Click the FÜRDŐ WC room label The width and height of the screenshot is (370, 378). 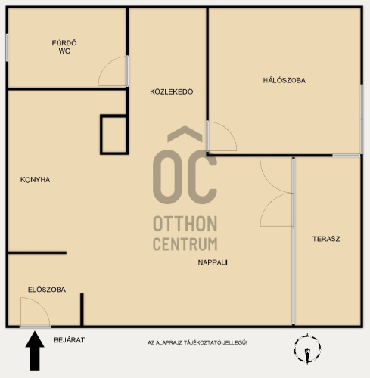tap(64, 47)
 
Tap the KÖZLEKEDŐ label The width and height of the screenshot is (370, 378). tap(172, 91)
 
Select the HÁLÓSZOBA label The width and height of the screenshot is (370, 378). tap(284, 80)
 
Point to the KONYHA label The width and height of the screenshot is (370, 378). tap(35, 180)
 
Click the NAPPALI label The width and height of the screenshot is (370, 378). tap(213, 262)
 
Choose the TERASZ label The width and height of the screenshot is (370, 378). tap(326, 239)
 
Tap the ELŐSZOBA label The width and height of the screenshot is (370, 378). tap(47, 290)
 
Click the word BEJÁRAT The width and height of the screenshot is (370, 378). tap(70, 340)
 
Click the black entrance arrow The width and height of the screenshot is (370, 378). tap(35, 352)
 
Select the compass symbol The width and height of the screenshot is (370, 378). tap(307, 349)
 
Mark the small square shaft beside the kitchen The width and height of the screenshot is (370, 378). tap(114, 135)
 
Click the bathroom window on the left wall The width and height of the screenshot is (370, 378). tap(7, 48)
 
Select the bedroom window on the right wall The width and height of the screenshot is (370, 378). tap(362, 119)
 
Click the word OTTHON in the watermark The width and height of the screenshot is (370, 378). tap(185, 224)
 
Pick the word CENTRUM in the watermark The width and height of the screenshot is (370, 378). tap(185, 244)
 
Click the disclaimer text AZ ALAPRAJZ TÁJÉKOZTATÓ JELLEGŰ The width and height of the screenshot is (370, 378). tap(197, 342)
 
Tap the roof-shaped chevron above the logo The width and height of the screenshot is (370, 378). tap(185, 134)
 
